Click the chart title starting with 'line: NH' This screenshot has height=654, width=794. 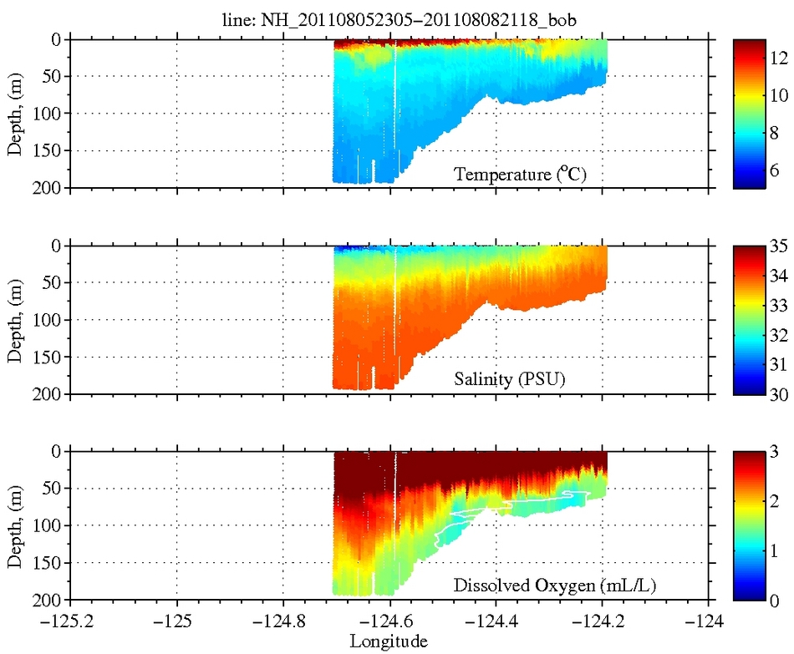(x=390, y=20)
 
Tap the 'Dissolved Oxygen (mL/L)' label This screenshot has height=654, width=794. (x=554, y=586)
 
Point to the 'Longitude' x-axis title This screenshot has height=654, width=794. (x=389, y=641)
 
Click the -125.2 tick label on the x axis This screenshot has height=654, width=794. (x=69, y=621)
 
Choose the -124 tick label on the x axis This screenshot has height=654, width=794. (x=709, y=621)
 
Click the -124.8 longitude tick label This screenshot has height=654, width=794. (x=282, y=621)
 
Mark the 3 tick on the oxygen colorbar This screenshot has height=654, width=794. (x=774, y=452)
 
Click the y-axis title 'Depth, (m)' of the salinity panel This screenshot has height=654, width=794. (x=14, y=320)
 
